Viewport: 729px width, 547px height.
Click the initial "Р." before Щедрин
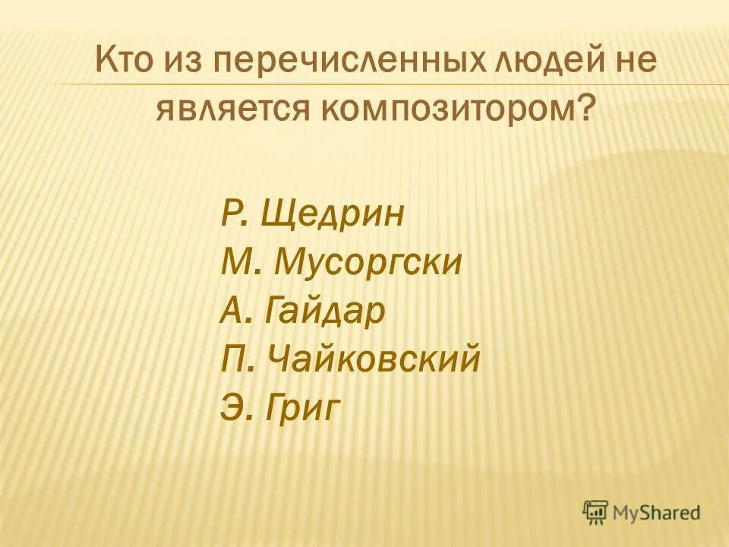coord(235,215)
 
